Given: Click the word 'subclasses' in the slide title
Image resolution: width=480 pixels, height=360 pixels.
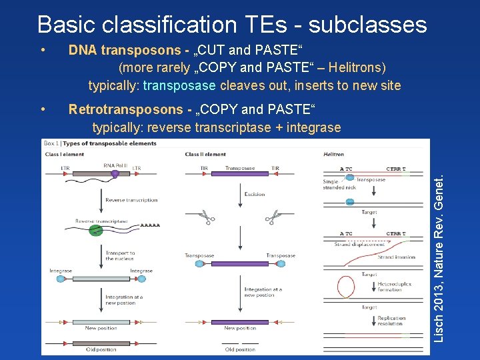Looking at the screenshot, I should [367, 25].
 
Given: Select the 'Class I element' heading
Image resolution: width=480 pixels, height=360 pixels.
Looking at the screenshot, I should [64, 155].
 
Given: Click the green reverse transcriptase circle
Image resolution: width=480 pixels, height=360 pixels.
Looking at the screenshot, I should [96, 230].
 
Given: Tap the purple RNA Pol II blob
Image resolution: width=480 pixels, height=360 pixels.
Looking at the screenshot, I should [115, 174].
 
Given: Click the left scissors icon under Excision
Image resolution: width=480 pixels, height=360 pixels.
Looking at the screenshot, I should [205, 217].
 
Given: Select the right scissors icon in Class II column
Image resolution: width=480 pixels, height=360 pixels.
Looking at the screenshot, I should [271, 217].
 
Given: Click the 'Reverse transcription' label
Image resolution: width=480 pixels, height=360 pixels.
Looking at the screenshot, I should [131, 200].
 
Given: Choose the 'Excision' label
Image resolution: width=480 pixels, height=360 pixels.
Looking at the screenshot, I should [255, 195].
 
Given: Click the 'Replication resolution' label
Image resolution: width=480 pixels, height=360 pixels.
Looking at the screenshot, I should [391, 321].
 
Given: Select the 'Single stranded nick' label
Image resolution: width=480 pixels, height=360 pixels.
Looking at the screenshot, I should [339, 185].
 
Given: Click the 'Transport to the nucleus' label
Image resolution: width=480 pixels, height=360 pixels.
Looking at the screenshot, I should [120, 255].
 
